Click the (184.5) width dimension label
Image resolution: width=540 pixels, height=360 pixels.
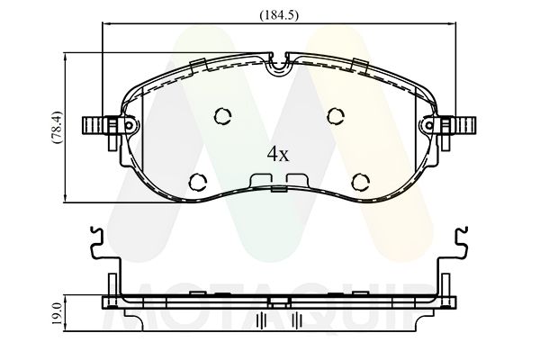279,15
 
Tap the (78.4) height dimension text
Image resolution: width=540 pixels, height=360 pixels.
57,128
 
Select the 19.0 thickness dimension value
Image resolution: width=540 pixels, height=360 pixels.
58,313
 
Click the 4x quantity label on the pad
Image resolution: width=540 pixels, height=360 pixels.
278,155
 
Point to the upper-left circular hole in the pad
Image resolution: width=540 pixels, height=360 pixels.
223,116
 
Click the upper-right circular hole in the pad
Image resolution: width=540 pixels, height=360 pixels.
336,116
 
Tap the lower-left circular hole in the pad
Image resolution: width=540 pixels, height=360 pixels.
198,181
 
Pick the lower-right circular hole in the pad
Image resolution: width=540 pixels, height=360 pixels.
361,181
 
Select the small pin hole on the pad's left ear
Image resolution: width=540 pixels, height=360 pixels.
129,125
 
